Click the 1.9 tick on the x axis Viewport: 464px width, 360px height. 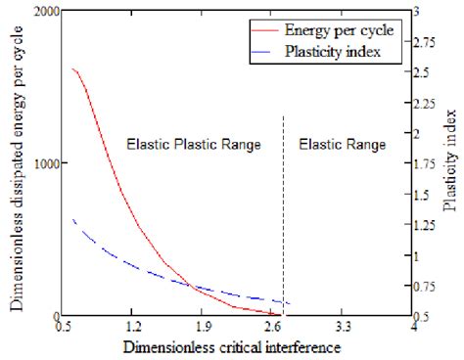[x=205, y=329]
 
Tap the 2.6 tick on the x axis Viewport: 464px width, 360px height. [x=274, y=329]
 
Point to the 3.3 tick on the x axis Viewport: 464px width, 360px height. [x=345, y=329]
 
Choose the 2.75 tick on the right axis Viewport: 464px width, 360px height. [x=431, y=42]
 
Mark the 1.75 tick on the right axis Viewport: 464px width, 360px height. [x=431, y=164]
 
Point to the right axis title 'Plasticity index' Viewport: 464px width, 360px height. [x=449, y=162]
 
